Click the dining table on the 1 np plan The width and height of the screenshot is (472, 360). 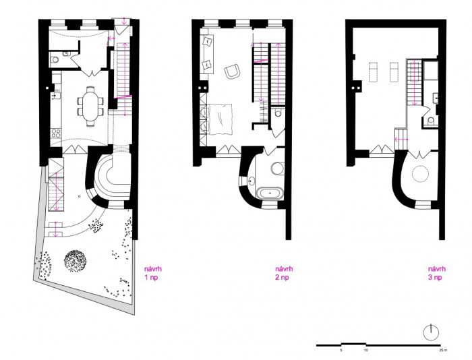click(x=90, y=103)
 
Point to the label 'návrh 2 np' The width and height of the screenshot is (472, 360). click(x=284, y=272)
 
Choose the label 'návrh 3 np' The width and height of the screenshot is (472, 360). click(x=436, y=272)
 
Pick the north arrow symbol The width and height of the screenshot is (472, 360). click(x=431, y=332)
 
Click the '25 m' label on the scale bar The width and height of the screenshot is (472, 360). click(x=442, y=351)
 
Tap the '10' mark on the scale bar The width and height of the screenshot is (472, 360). click(x=366, y=351)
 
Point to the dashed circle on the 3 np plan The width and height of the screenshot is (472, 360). click(x=421, y=174)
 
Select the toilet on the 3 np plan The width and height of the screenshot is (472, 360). click(x=430, y=121)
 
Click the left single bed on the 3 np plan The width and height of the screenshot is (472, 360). click(x=372, y=70)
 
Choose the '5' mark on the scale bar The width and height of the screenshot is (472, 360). click(x=341, y=351)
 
